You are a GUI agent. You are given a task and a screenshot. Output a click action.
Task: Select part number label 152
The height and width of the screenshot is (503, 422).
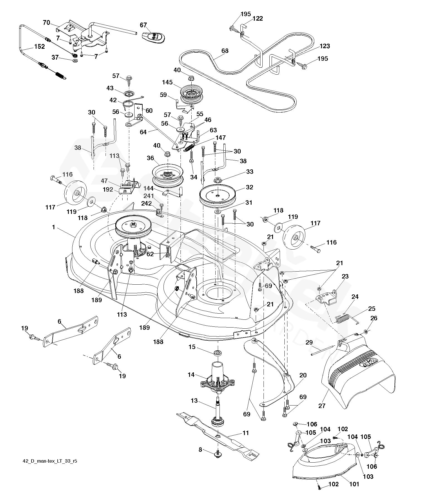coord(39,47)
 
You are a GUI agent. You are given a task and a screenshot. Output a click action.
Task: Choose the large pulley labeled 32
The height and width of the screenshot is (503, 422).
coord(217,196)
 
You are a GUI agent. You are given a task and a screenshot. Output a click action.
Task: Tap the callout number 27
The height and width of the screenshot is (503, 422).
coord(322,406)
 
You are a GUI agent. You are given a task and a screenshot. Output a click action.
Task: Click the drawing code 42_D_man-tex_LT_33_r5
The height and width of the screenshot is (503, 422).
coord(50,461)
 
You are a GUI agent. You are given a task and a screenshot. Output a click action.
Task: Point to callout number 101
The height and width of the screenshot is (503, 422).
coord(354,484)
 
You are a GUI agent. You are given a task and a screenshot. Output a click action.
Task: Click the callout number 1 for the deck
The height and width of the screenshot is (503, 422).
coord(53,228)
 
